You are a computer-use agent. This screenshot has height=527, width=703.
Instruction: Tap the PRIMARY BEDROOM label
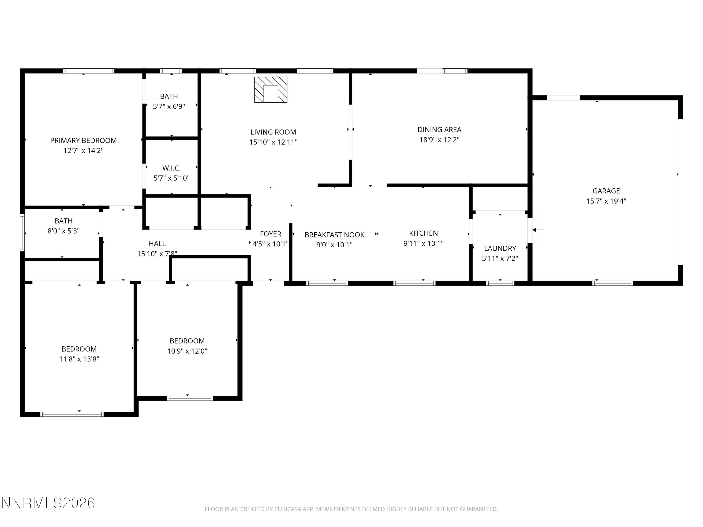click(83, 140)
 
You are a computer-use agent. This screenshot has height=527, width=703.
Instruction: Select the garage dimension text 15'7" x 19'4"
click(606, 201)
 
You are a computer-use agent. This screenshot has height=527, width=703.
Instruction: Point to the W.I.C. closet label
click(171, 168)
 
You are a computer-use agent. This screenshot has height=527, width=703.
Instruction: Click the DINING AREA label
click(439, 130)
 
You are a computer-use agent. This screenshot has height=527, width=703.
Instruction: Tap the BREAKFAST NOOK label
click(334, 235)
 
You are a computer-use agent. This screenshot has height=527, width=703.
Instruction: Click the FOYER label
click(270, 234)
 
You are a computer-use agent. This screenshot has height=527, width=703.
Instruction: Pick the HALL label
click(157, 244)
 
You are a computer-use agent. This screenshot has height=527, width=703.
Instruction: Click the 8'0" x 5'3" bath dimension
click(64, 231)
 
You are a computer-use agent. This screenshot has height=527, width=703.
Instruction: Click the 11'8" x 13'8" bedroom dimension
click(79, 359)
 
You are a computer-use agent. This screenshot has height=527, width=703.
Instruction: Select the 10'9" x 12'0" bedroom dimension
click(187, 351)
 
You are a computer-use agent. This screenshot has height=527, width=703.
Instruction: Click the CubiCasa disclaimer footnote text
click(351, 509)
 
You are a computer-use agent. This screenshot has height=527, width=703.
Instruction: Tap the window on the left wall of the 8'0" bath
click(22, 233)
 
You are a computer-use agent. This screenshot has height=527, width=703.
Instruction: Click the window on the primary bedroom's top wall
click(88, 71)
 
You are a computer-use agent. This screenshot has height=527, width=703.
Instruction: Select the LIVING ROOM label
click(273, 132)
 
